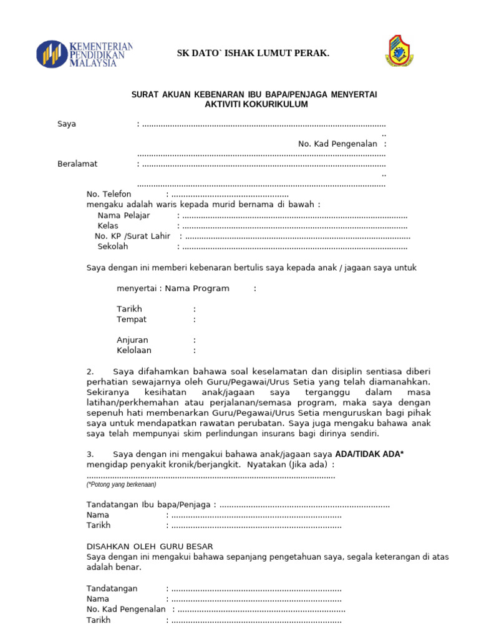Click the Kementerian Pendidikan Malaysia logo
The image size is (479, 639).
[84, 54]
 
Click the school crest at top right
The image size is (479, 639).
[399, 51]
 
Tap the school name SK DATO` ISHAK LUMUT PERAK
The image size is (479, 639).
[253, 54]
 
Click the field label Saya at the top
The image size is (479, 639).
[67, 124]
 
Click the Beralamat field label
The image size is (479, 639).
[77, 163]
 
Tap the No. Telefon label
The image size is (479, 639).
[109, 194]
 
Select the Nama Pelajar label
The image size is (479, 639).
[123, 215]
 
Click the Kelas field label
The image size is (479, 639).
[107, 225]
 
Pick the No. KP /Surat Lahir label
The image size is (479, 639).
[132, 236]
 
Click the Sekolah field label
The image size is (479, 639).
[112, 246]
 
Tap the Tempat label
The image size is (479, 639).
[132, 319]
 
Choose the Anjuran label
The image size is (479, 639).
[132, 340]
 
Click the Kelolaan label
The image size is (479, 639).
[133, 350]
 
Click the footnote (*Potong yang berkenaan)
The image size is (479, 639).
[121, 484]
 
